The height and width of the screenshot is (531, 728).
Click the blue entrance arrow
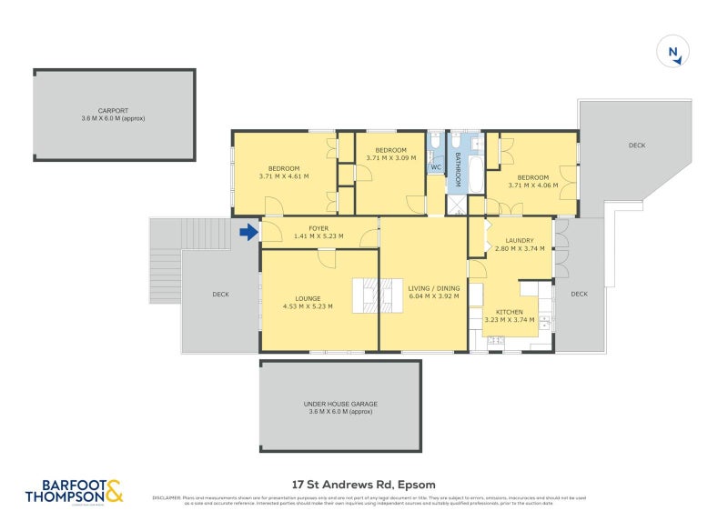[x=248, y=234]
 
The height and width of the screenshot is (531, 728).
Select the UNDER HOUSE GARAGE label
[x=340, y=404]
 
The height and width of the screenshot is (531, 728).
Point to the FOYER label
[x=318, y=228]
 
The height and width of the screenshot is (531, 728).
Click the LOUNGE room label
[x=308, y=298]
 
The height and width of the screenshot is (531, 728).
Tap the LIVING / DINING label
[x=434, y=288]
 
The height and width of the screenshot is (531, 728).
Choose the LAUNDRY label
[x=519, y=240]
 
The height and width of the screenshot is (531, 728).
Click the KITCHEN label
[x=510, y=312]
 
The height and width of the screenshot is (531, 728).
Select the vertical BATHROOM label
[x=460, y=168]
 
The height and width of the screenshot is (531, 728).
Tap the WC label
[x=435, y=167]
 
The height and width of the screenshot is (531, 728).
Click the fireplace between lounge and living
[x=377, y=295]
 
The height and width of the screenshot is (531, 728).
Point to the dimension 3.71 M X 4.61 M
[x=284, y=175]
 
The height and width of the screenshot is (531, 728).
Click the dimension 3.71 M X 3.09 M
[x=391, y=157]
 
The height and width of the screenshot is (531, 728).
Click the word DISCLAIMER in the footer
[x=167, y=497]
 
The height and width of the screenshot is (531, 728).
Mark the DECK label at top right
[x=637, y=145]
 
